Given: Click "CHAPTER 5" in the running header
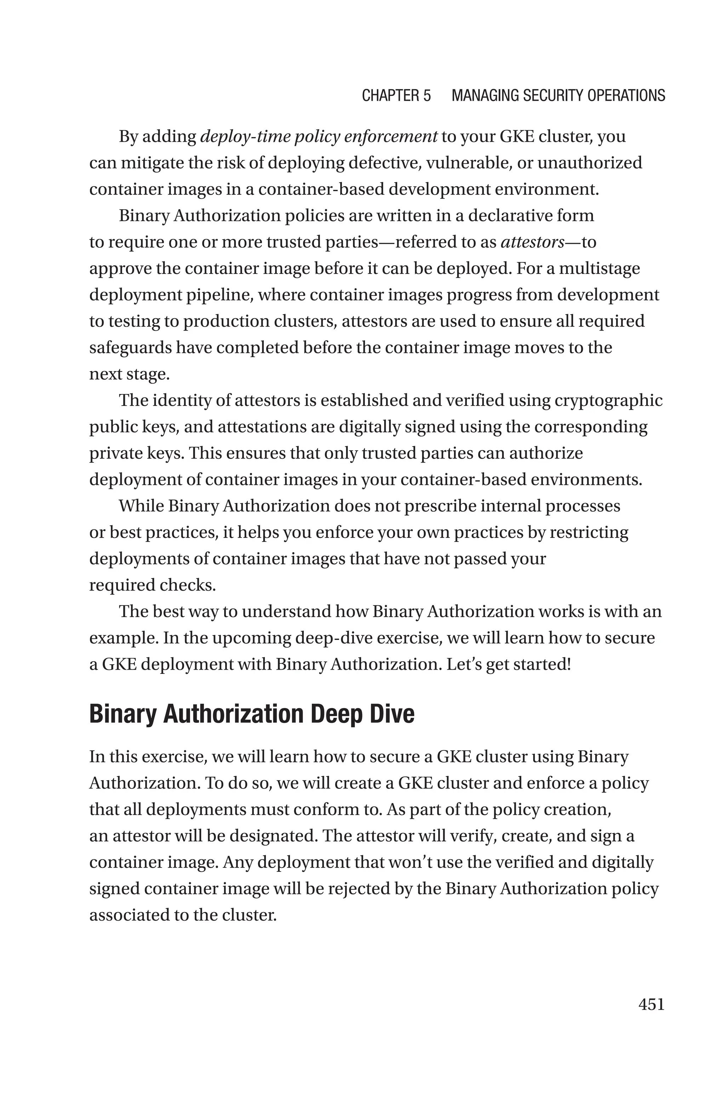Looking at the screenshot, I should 396,96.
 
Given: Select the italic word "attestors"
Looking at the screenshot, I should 532,242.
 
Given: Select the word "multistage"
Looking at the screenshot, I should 599,269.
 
